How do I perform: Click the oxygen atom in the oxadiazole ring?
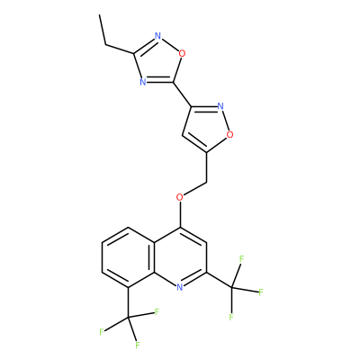point(182,54)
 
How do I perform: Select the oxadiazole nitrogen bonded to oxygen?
point(157,36)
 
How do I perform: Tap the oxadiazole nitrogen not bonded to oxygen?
point(143,82)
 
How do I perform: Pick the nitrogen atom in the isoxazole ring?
point(220,106)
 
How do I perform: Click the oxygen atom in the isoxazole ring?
point(229,135)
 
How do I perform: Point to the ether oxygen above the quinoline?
point(180,197)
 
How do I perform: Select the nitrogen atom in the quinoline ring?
point(180,287)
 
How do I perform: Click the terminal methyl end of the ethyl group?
point(99,14)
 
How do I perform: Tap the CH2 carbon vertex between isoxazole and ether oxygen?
point(206,182)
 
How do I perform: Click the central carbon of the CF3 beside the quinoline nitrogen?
point(232,288)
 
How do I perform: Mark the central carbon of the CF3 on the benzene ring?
point(128,318)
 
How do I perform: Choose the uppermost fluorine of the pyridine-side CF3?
point(242,259)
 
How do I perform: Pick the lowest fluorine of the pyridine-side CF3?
point(231,317)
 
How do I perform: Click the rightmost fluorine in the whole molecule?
point(261,292)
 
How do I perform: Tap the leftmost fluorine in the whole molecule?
point(102,332)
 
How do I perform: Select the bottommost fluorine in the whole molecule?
point(138,345)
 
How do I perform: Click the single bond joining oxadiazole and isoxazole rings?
point(182,94)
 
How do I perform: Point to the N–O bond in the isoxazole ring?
point(225,121)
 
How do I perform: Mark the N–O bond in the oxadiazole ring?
point(170,45)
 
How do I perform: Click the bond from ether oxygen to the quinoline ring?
point(180,214)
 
